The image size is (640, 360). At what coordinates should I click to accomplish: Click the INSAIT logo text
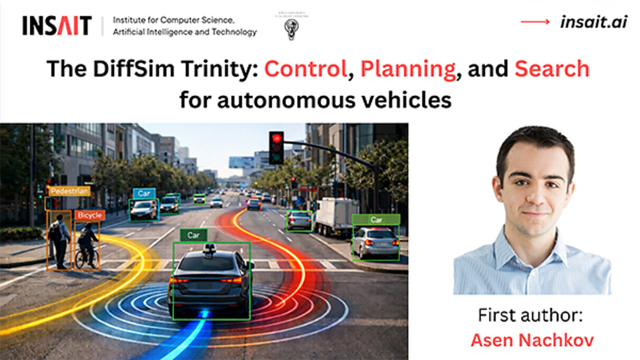coord(57,26)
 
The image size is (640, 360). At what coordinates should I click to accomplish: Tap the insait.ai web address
coord(593,22)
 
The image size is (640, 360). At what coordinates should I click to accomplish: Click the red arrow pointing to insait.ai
coord(535,22)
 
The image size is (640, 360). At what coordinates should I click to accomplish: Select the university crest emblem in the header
coord(292,27)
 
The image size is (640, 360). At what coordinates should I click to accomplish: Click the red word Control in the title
coord(306,68)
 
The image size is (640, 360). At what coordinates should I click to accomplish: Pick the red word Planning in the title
coord(408,69)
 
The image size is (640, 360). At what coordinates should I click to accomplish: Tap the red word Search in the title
coord(552,68)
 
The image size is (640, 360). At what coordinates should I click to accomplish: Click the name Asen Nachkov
coord(532,340)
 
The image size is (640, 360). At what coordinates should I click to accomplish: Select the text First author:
coord(530,315)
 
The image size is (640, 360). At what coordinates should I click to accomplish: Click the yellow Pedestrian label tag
coord(69,191)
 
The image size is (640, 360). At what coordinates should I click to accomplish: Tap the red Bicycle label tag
coord(89,215)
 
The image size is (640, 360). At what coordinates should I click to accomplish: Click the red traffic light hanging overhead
coord(276,148)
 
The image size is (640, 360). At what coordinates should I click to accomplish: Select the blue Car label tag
coord(144,193)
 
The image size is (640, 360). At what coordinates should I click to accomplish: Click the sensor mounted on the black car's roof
coord(209,248)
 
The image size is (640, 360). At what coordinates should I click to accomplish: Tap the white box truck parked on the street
coord(336,216)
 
